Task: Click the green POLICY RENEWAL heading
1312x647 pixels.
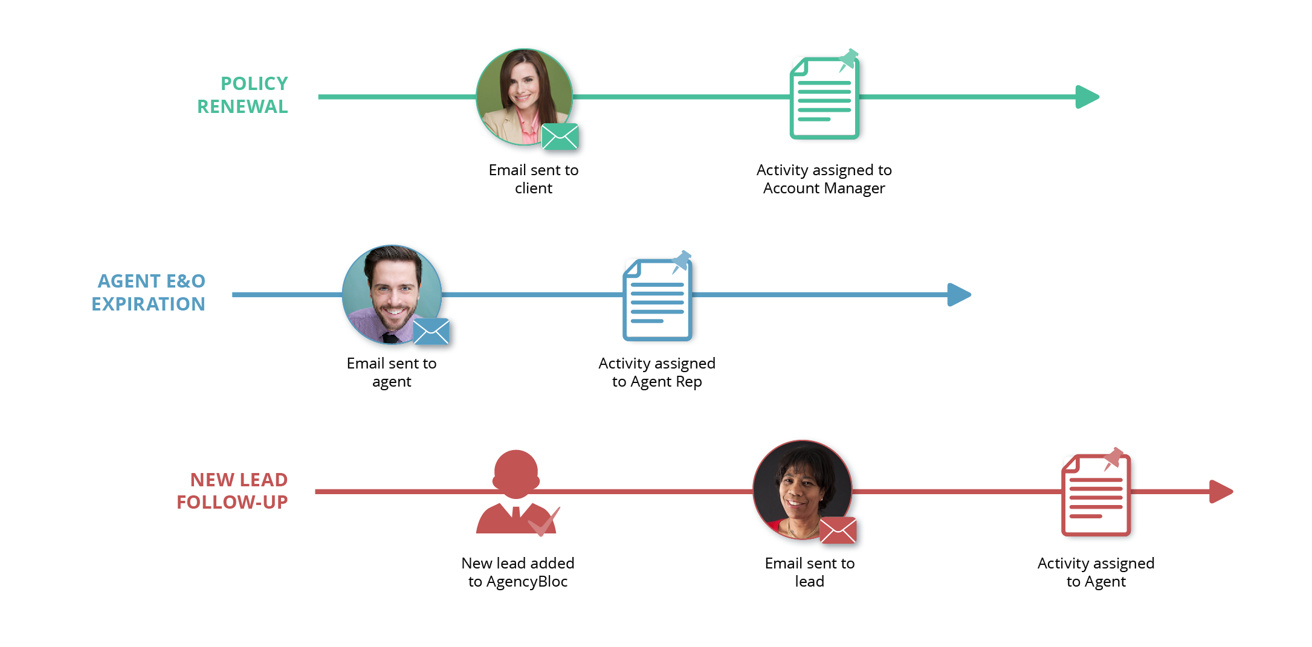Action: coord(243,95)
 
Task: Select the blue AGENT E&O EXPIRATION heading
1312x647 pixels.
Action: coord(149,292)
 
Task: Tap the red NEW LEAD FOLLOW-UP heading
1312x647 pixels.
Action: coord(233,491)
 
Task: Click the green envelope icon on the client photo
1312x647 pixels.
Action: coord(560,137)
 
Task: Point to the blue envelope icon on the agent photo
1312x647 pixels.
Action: coord(431,332)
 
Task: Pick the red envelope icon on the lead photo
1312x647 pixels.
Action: coord(838,530)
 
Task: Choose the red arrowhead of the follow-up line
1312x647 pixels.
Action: coord(1220,492)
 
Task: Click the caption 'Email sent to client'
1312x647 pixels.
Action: coord(534,179)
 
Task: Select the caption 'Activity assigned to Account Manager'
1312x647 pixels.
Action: coord(824,179)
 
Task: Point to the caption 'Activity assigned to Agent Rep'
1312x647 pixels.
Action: coord(657,372)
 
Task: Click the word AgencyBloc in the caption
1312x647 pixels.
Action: coord(527,582)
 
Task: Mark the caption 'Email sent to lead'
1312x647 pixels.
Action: coord(810,572)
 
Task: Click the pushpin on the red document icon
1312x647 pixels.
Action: coord(1113,459)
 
